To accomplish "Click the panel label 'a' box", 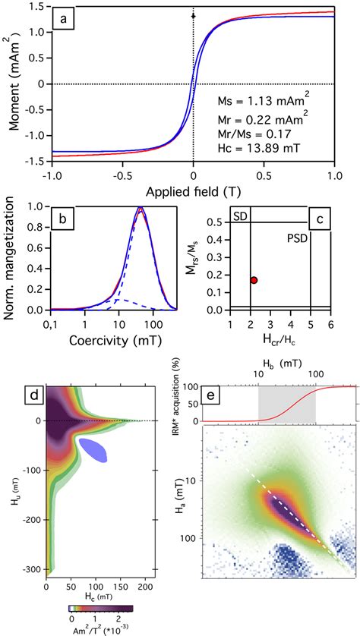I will pyautogui.click(x=68, y=17).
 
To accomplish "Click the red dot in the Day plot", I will pyautogui.click(x=254, y=280).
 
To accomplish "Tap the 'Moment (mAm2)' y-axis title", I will pyautogui.click(x=13, y=84).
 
